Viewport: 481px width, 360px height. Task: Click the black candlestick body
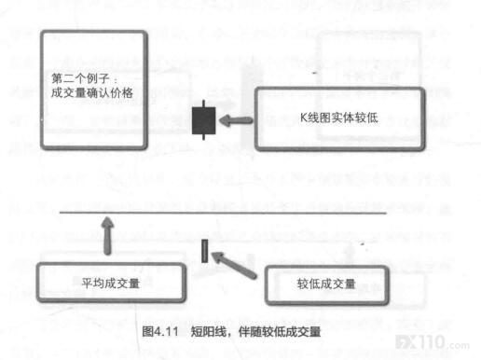click(204, 120)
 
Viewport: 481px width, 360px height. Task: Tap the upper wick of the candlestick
click(203, 104)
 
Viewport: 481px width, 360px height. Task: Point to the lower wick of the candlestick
click(203, 137)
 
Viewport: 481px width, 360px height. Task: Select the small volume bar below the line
click(204, 251)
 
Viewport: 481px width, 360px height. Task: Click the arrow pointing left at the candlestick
click(236, 120)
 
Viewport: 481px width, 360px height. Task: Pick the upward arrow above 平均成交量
click(108, 236)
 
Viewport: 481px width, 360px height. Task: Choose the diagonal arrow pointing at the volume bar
click(234, 264)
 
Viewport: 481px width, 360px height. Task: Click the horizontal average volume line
click(223, 213)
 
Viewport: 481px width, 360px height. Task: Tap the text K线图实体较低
click(339, 118)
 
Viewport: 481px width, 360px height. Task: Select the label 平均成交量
click(111, 283)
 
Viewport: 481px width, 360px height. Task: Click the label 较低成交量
click(326, 284)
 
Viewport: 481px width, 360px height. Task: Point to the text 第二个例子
click(80, 78)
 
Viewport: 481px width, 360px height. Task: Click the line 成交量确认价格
click(92, 92)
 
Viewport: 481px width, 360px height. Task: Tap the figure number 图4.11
click(160, 332)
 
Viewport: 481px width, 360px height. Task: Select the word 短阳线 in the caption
click(209, 332)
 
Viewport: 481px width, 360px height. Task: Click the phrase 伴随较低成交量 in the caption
click(280, 332)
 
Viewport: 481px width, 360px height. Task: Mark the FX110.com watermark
click(433, 342)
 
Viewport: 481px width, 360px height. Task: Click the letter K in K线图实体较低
click(304, 118)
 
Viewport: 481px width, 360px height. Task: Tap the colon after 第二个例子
click(116, 80)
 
